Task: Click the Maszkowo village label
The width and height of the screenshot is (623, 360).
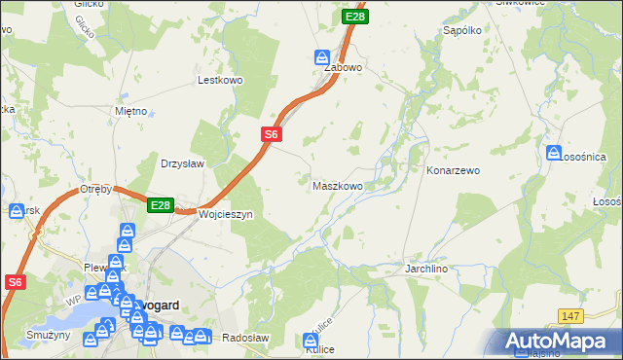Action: coord(337,185)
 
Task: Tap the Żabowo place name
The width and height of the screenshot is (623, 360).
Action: coord(343,68)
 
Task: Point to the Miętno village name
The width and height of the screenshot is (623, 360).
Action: coord(130,111)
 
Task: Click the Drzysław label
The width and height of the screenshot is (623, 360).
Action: coord(182,163)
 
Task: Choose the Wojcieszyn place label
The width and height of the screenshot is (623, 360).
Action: coord(225,213)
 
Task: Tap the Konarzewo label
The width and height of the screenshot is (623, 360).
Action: coord(454,170)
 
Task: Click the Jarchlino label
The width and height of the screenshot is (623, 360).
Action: coord(429,267)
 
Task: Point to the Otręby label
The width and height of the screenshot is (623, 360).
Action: coord(97,189)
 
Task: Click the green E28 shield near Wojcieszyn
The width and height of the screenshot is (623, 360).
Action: coord(161,206)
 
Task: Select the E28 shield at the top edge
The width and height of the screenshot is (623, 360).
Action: coord(355,18)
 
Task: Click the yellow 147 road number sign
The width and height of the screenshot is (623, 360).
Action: coord(571,315)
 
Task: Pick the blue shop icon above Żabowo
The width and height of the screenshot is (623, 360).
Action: coord(322,56)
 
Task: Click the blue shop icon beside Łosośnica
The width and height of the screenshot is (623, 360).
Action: coord(553,153)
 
